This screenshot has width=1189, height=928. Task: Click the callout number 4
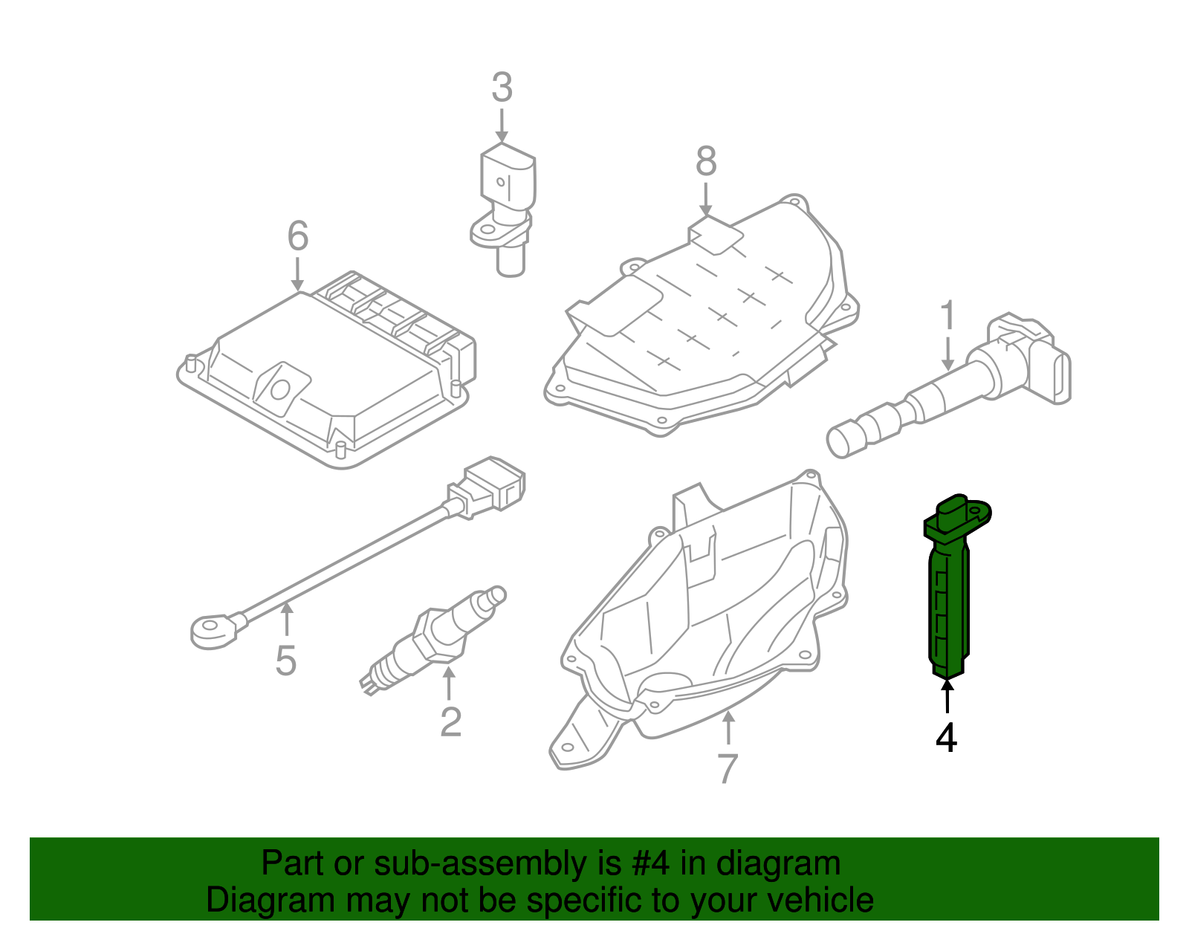click(946, 738)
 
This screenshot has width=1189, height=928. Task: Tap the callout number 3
click(502, 88)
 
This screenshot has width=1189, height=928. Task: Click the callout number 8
click(706, 161)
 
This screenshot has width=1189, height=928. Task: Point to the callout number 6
click(297, 236)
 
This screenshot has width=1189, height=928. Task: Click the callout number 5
click(286, 661)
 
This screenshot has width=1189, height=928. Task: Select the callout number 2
click(450, 721)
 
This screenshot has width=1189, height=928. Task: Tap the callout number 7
click(728, 768)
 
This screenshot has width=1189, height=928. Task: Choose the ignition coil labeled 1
click(959, 386)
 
